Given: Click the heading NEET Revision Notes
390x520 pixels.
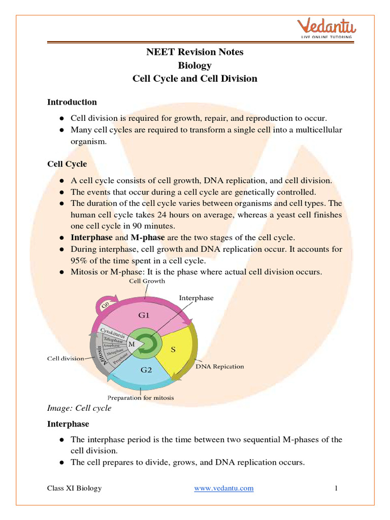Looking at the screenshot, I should point(195,52).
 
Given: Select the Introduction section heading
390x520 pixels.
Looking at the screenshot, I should point(72,102).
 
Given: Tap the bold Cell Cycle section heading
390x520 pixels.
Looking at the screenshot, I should point(67,164).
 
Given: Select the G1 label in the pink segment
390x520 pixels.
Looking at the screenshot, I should point(144,315).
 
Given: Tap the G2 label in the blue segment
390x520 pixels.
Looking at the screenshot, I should point(146,370).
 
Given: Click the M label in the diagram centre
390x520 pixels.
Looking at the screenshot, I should point(132,344).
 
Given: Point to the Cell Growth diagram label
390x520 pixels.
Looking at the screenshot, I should point(146,281).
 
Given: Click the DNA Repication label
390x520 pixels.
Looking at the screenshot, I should point(219,366).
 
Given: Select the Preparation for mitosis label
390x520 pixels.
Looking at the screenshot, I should point(140,398).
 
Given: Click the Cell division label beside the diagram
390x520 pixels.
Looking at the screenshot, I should point(66,358).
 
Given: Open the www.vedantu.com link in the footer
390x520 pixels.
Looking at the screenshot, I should point(224,488).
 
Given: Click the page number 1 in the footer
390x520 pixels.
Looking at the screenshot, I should point(336,488).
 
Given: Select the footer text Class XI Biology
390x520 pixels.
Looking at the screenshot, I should point(74,488).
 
